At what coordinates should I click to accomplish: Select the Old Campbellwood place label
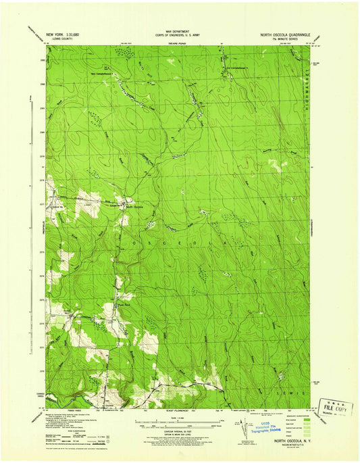coord(236,68)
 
